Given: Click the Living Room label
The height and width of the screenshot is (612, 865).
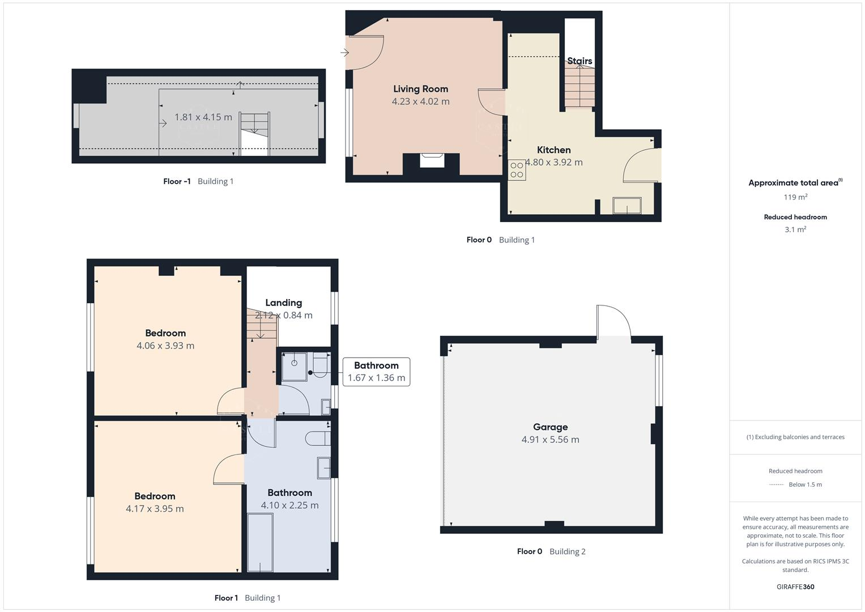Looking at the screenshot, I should (420, 89).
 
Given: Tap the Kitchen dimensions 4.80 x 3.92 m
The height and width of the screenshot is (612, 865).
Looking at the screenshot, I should (554, 162).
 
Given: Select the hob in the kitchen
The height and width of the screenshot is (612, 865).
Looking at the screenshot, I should (517, 170).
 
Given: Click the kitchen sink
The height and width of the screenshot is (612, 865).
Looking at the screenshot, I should (627, 206).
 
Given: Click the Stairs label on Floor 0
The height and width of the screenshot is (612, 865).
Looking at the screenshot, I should (579, 61).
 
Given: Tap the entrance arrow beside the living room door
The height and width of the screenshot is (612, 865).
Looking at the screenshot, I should (344, 53).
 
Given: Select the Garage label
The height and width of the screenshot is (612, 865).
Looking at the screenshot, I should (550, 427).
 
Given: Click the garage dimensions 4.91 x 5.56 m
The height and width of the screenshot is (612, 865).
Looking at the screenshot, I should (550, 440).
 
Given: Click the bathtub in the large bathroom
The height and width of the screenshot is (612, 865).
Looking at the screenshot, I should (260, 542).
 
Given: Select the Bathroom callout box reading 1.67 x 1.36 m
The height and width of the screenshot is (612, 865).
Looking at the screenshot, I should (376, 372).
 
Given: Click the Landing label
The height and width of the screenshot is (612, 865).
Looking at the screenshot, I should (283, 303).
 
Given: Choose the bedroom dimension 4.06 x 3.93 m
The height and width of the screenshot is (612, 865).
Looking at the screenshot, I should (165, 346).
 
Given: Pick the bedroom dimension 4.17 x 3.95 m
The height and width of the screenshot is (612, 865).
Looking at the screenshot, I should (155, 509).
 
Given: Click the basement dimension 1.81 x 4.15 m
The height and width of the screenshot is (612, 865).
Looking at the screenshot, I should (203, 117).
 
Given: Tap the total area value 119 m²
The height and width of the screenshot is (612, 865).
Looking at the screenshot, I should (795, 197).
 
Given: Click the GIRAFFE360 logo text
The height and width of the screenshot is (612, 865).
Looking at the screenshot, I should (795, 587).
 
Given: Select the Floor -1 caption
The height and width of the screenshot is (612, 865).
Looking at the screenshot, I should (177, 181).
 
